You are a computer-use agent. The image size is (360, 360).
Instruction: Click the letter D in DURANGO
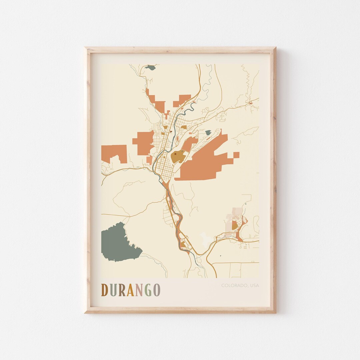click(x=105, y=290)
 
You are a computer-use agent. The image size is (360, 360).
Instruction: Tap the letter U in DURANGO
click(x=114, y=290)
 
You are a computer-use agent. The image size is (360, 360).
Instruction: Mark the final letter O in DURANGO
click(x=156, y=290)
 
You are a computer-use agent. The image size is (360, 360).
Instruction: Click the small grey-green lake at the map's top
click(x=150, y=67)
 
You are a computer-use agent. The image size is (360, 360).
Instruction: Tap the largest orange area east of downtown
click(x=204, y=163)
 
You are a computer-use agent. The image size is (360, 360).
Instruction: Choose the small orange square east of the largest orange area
click(x=236, y=154)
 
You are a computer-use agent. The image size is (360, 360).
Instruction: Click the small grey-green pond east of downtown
click(x=208, y=133)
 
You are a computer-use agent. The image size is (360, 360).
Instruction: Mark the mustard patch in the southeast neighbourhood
click(x=235, y=226)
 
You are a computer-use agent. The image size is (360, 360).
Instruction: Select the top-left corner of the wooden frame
click(x=85, y=48)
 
